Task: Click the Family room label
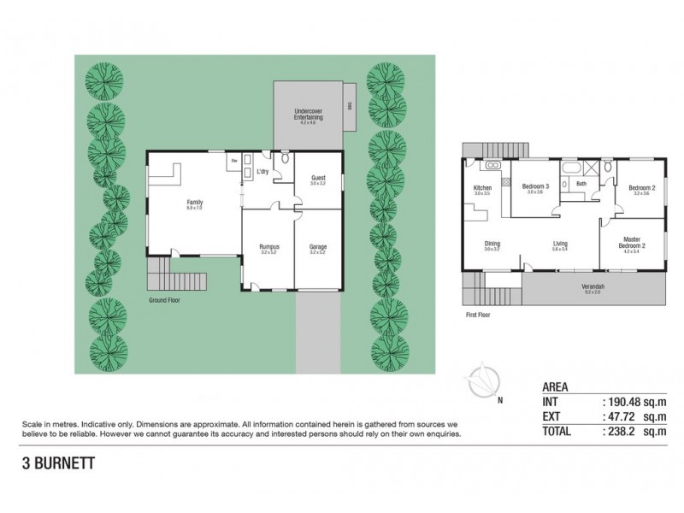coord(195,203)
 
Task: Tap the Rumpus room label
coord(268,248)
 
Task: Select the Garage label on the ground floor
coord(317,248)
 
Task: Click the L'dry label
coord(262,172)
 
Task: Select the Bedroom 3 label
coord(536,187)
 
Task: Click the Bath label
coord(581,184)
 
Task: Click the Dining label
coord(492,244)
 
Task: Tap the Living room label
coord(560,244)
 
